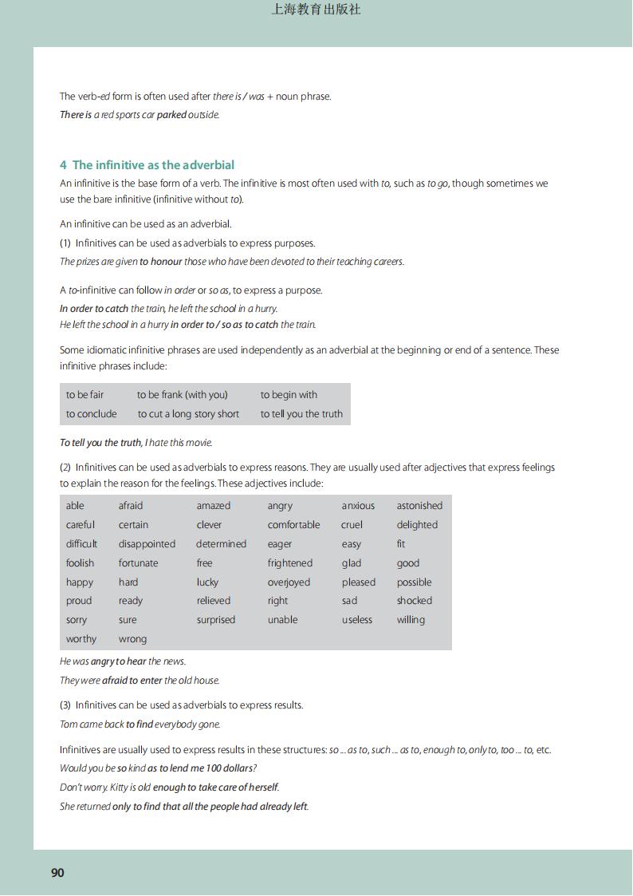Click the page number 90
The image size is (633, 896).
[x=57, y=873]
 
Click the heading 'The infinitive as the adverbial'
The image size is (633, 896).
[x=153, y=165]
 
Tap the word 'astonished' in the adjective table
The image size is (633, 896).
[x=419, y=506]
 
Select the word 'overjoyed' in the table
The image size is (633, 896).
[x=289, y=582]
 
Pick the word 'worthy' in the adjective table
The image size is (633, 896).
[x=81, y=639]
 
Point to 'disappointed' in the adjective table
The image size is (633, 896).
[x=147, y=544]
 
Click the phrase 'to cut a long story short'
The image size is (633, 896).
[x=188, y=414]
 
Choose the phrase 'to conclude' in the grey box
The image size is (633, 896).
[x=91, y=414]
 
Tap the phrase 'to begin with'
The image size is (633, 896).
[x=289, y=395]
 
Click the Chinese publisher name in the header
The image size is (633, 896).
[x=316, y=10]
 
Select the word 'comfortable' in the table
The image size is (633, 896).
[x=293, y=525]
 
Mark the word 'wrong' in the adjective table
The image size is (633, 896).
[x=132, y=639]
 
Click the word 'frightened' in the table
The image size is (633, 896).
[x=290, y=563]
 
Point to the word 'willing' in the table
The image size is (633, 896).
[x=411, y=620]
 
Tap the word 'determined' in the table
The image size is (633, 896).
[x=221, y=544]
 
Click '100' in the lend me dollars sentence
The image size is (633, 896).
[x=206, y=768]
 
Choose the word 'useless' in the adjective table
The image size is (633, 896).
[x=357, y=620]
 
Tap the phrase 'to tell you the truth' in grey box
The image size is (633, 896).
[x=301, y=414]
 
